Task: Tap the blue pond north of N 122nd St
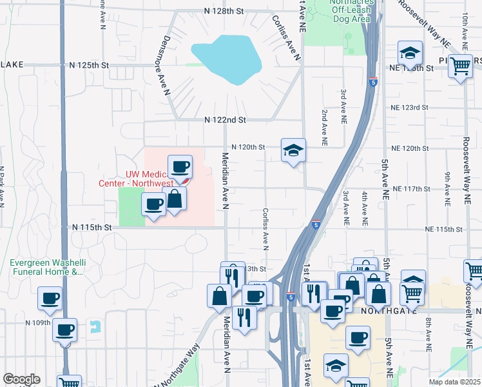[x=227, y=59]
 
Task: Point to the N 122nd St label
[x=225, y=120]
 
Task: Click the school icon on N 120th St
[x=293, y=151]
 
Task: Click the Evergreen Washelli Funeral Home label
[x=47, y=267]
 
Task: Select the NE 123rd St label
[x=409, y=107]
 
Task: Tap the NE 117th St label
[x=411, y=188]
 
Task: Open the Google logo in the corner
[x=21, y=379]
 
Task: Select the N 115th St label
[x=92, y=227]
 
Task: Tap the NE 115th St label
[x=445, y=230]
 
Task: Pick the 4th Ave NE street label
[x=364, y=208]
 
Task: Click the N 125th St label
[x=90, y=66]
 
